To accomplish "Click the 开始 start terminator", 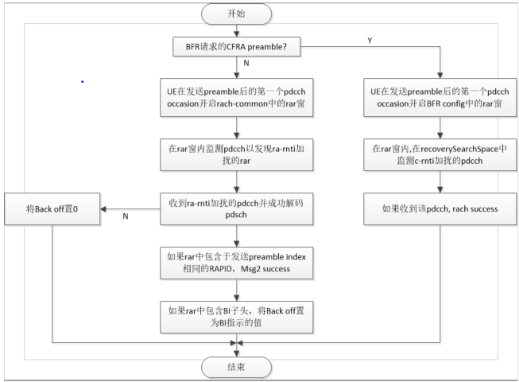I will [x=236, y=14].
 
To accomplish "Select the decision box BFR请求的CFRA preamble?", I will [x=236, y=47].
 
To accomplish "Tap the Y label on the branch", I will [x=369, y=39].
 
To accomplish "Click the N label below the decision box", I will [x=246, y=62].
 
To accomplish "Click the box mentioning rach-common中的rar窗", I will [x=236, y=98].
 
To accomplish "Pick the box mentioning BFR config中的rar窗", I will [x=439, y=98].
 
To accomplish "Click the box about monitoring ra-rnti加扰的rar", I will [x=236, y=154].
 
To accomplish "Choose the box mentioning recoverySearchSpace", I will [x=439, y=154].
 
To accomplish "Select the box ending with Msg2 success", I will [x=236, y=263].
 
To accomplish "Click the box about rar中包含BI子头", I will [x=236, y=318].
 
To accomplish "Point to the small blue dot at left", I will [x=82, y=81].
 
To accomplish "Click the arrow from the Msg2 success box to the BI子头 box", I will [x=236, y=290].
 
